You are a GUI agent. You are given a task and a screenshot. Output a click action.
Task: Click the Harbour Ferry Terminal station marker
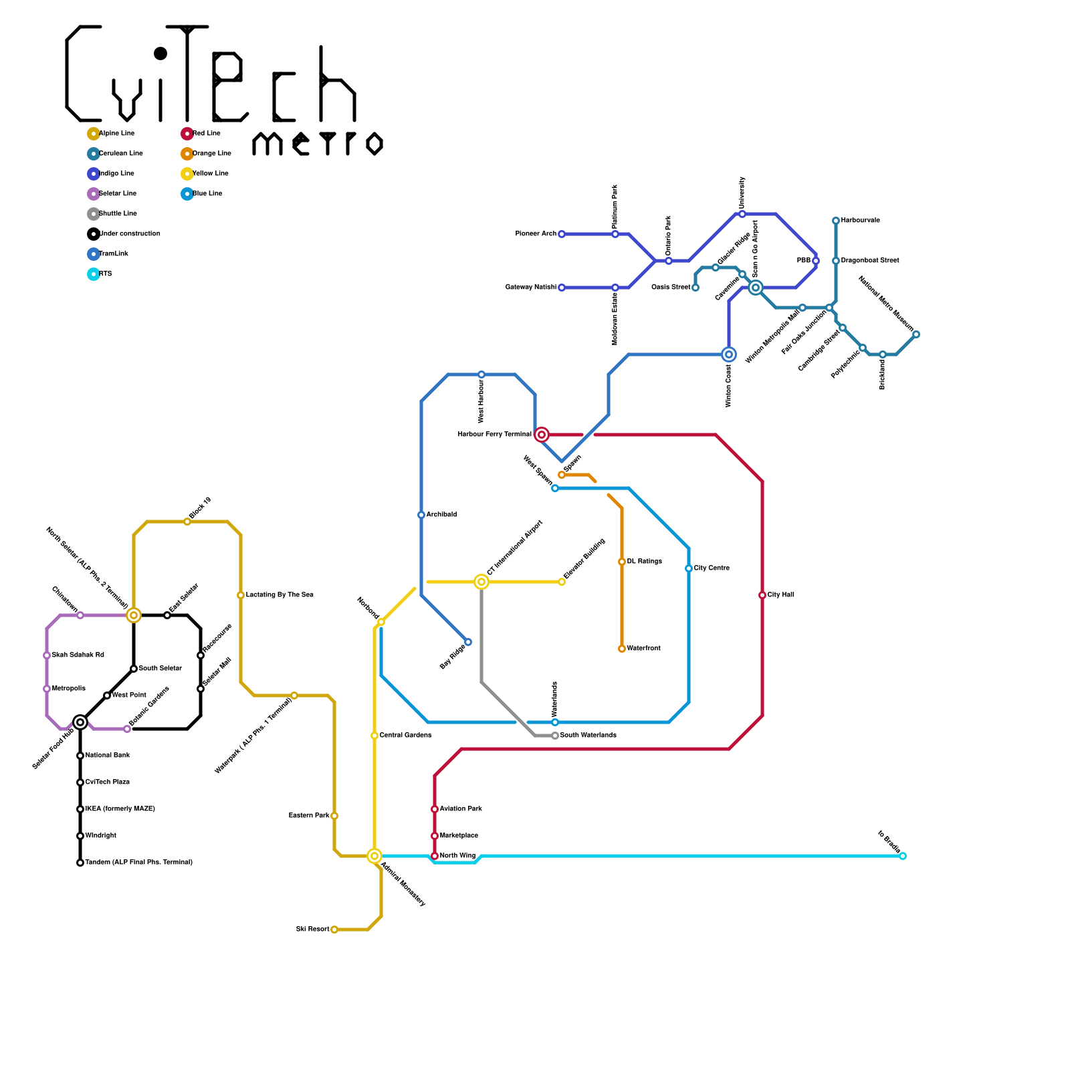[x=542, y=435]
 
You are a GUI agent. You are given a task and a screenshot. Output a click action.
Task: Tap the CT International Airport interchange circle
[x=481, y=582]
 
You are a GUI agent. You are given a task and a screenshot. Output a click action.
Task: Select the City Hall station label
[x=780, y=595]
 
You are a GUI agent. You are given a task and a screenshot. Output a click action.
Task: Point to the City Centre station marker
[x=689, y=568]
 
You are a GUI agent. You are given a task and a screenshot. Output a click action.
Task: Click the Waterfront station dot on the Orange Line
[x=622, y=649]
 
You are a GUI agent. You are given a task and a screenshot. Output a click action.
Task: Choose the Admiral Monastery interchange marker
[x=374, y=856]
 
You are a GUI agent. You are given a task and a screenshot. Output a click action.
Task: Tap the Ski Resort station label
[x=312, y=930]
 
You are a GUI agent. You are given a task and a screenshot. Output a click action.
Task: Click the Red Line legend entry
[x=206, y=134]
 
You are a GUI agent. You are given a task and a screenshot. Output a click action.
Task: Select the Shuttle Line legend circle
[x=94, y=214]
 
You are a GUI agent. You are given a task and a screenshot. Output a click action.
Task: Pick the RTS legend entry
[x=105, y=274]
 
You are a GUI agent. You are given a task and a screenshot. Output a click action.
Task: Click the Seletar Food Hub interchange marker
[x=80, y=722]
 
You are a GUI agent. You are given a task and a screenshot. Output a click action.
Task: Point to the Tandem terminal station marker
[x=80, y=863]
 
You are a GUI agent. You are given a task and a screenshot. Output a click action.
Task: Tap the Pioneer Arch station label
[x=536, y=234]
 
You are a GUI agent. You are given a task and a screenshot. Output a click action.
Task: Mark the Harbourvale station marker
[x=836, y=221]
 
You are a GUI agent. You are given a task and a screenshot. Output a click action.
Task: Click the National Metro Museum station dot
[x=916, y=334]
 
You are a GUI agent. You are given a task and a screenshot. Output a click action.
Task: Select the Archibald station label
[x=441, y=515]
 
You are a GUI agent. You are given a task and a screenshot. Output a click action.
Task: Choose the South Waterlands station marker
[x=555, y=736]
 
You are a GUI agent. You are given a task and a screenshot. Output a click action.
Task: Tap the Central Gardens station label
[x=405, y=736]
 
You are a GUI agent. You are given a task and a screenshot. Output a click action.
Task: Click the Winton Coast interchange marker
[x=729, y=354]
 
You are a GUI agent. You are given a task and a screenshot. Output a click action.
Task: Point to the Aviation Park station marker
[x=435, y=809]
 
